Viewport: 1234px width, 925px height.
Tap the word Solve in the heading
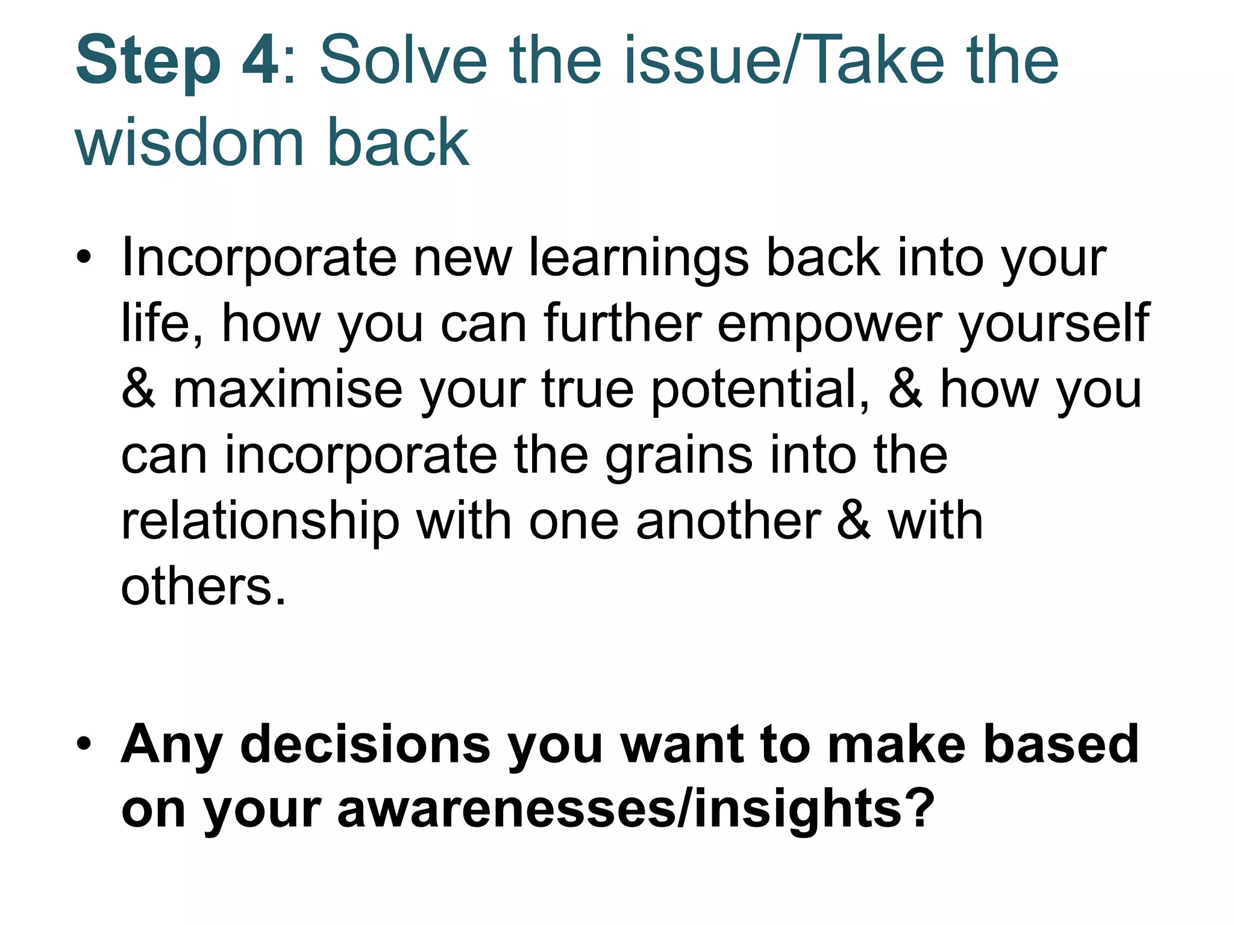[x=402, y=61]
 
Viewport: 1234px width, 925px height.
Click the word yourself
[x=1054, y=324]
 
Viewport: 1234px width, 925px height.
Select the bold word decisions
[x=365, y=744]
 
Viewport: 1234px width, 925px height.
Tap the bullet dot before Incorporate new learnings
[x=84, y=257]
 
